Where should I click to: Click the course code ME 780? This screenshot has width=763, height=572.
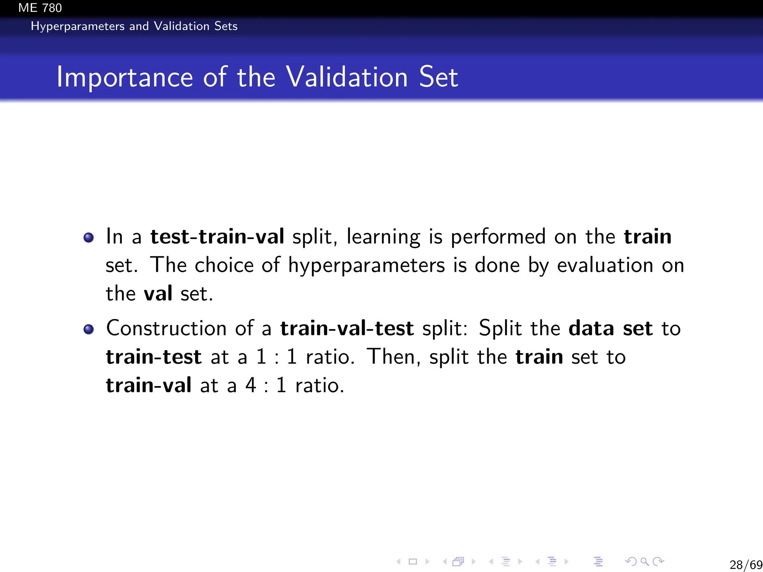(x=40, y=8)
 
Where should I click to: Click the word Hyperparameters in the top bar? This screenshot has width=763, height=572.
(x=77, y=26)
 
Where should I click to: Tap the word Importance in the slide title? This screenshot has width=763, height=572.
(x=124, y=77)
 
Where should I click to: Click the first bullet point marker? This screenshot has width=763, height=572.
(x=89, y=238)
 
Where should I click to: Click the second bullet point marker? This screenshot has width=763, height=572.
(x=89, y=329)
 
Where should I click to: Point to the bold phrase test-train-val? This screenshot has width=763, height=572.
(x=217, y=237)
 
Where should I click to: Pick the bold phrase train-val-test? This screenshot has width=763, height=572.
(x=347, y=328)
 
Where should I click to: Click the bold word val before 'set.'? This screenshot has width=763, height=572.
(x=158, y=293)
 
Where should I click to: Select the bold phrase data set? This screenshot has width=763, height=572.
(x=611, y=328)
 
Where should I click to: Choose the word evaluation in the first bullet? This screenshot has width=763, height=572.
(x=605, y=265)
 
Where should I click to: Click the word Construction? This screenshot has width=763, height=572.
(x=166, y=328)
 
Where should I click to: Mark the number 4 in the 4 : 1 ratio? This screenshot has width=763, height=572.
(x=250, y=385)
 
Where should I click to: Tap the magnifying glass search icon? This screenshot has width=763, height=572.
(x=645, y=561)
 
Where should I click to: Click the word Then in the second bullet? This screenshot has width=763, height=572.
(x=393, y=357)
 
